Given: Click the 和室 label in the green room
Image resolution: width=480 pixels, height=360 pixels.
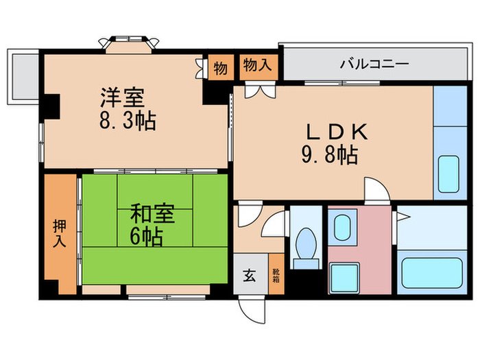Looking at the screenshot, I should [x=153, y=213].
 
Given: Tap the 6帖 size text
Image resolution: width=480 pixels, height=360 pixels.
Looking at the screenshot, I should [x=147, y=237].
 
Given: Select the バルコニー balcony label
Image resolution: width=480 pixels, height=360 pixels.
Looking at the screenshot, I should [x=374, y=65].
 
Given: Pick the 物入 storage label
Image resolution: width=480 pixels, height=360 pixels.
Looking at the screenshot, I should [x=258, y=66].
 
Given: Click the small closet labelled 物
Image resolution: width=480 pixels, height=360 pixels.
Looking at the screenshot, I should [x=220, y=68].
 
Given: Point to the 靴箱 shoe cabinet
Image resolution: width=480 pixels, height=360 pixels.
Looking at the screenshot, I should [x=274, y=276].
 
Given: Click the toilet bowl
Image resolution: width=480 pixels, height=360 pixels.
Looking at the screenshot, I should [x=304, y=246].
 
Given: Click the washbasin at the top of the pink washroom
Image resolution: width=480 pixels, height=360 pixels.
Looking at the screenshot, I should [x=341, y=226].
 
